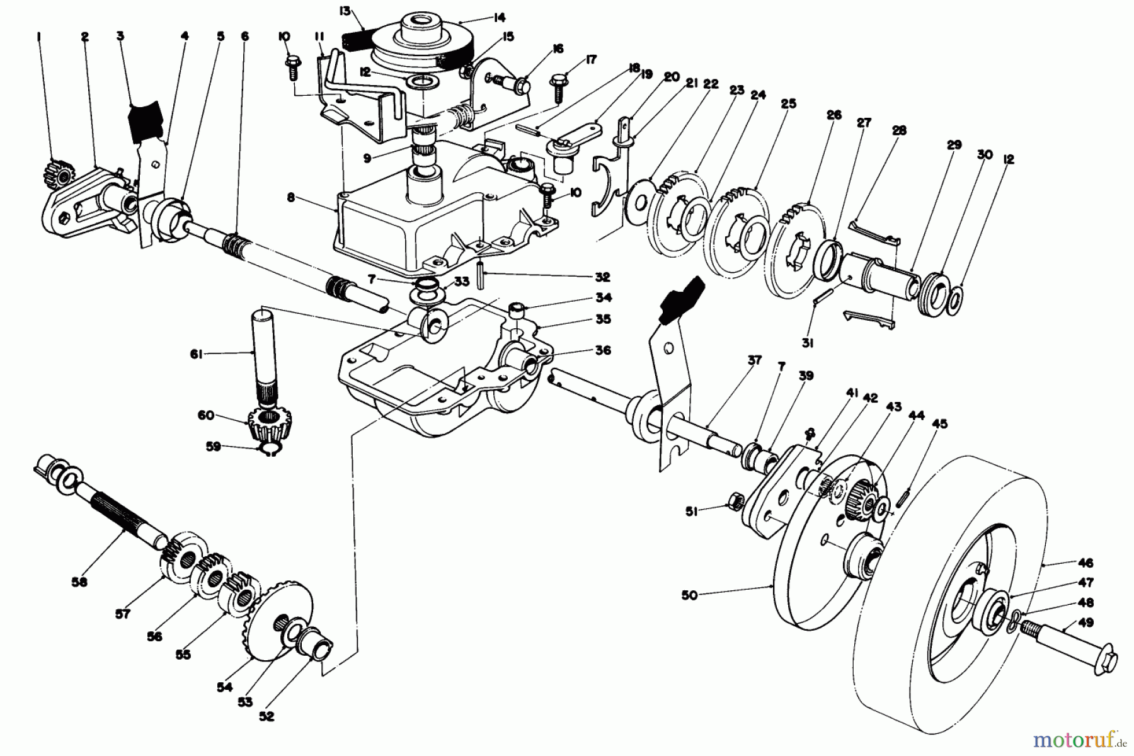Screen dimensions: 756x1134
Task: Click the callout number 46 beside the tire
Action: point(1085,563)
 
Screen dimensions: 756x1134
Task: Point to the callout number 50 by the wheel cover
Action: point(689,595)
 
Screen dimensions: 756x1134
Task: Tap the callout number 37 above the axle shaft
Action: point(754,360)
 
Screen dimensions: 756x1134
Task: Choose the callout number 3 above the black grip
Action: point(120,37)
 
